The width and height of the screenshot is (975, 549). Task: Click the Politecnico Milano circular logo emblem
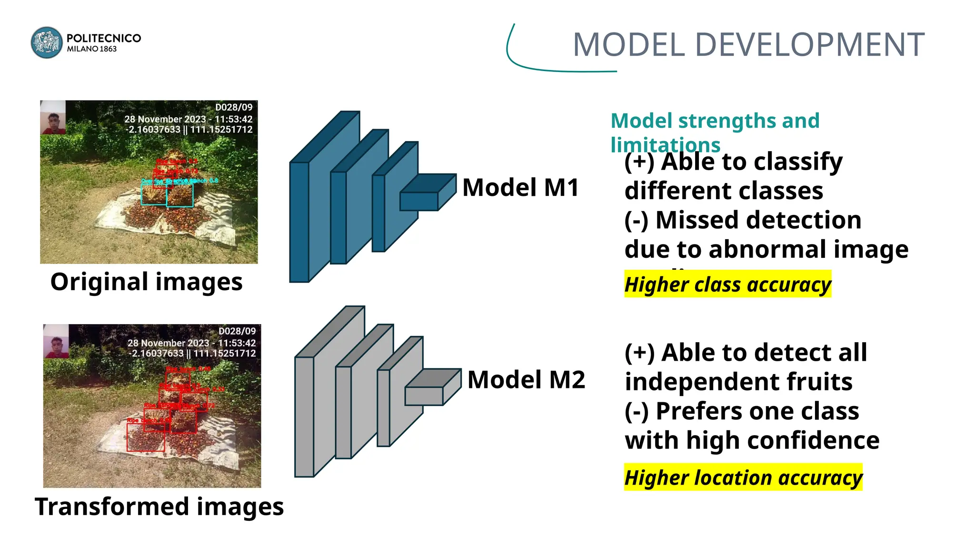tap(47, 42)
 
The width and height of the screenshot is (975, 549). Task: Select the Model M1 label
tap(520, 187)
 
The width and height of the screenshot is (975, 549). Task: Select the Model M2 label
tap(526, 380)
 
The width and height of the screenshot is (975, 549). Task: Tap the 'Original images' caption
tap(146, 282)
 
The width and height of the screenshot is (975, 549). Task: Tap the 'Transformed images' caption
tap(159, 506)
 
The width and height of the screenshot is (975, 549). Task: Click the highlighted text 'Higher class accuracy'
tap(727, 285)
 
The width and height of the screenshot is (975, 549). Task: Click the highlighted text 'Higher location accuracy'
tap(743, 478)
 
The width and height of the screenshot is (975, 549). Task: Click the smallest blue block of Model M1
tap(419, 200)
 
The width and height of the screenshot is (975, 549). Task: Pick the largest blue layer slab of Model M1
tap(300, 222)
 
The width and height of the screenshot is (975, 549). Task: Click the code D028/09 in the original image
tap(234, 107)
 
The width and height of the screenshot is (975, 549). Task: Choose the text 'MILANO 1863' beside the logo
tap(92, 49)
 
